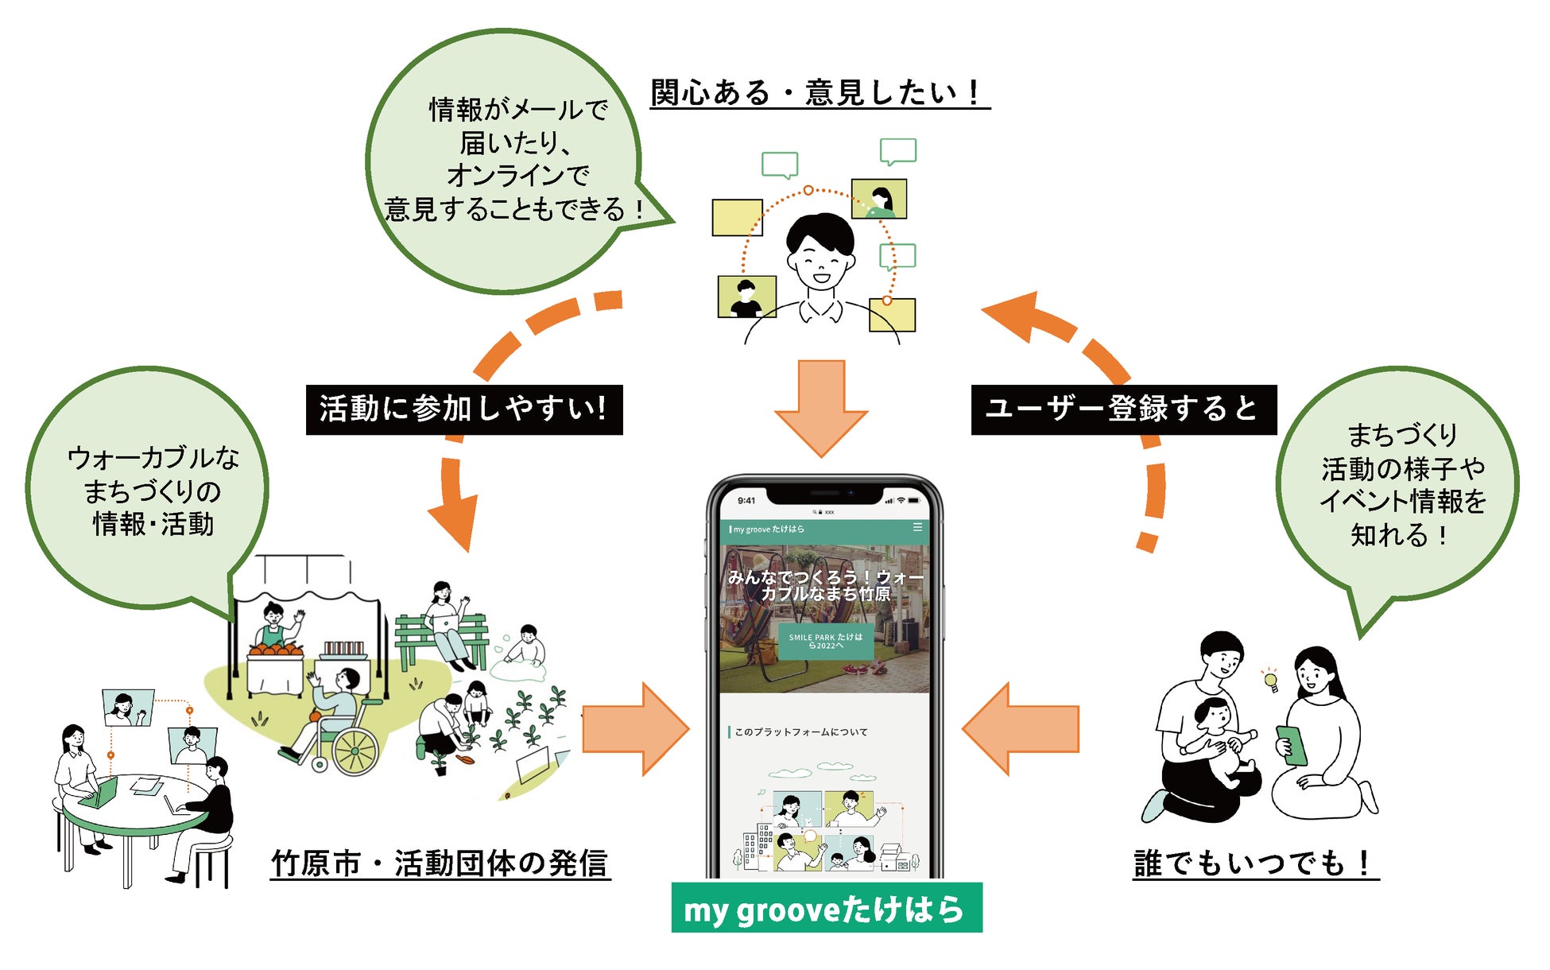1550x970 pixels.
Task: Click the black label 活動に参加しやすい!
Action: tap(464, 409)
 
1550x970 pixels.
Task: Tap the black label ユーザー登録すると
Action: tap(1123, 409)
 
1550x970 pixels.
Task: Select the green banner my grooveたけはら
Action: tap(827, 908)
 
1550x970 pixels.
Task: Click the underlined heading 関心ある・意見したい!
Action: tap(819, 93)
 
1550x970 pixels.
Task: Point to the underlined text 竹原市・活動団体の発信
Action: tap(440, 863)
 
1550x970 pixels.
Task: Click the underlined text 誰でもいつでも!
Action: tap(1255, 863)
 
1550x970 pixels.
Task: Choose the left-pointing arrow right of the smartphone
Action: tap(1021, 729)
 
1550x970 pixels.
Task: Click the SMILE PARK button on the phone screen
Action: tap(825, 642)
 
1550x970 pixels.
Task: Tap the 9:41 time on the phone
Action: tap(746, 500)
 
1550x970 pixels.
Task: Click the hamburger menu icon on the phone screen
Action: tap(917, 527)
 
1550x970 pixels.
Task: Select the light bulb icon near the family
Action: tap(1270, 680)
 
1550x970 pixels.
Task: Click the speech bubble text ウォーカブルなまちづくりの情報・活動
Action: tap(153, 491)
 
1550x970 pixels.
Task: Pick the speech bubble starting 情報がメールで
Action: tap(517, 159)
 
